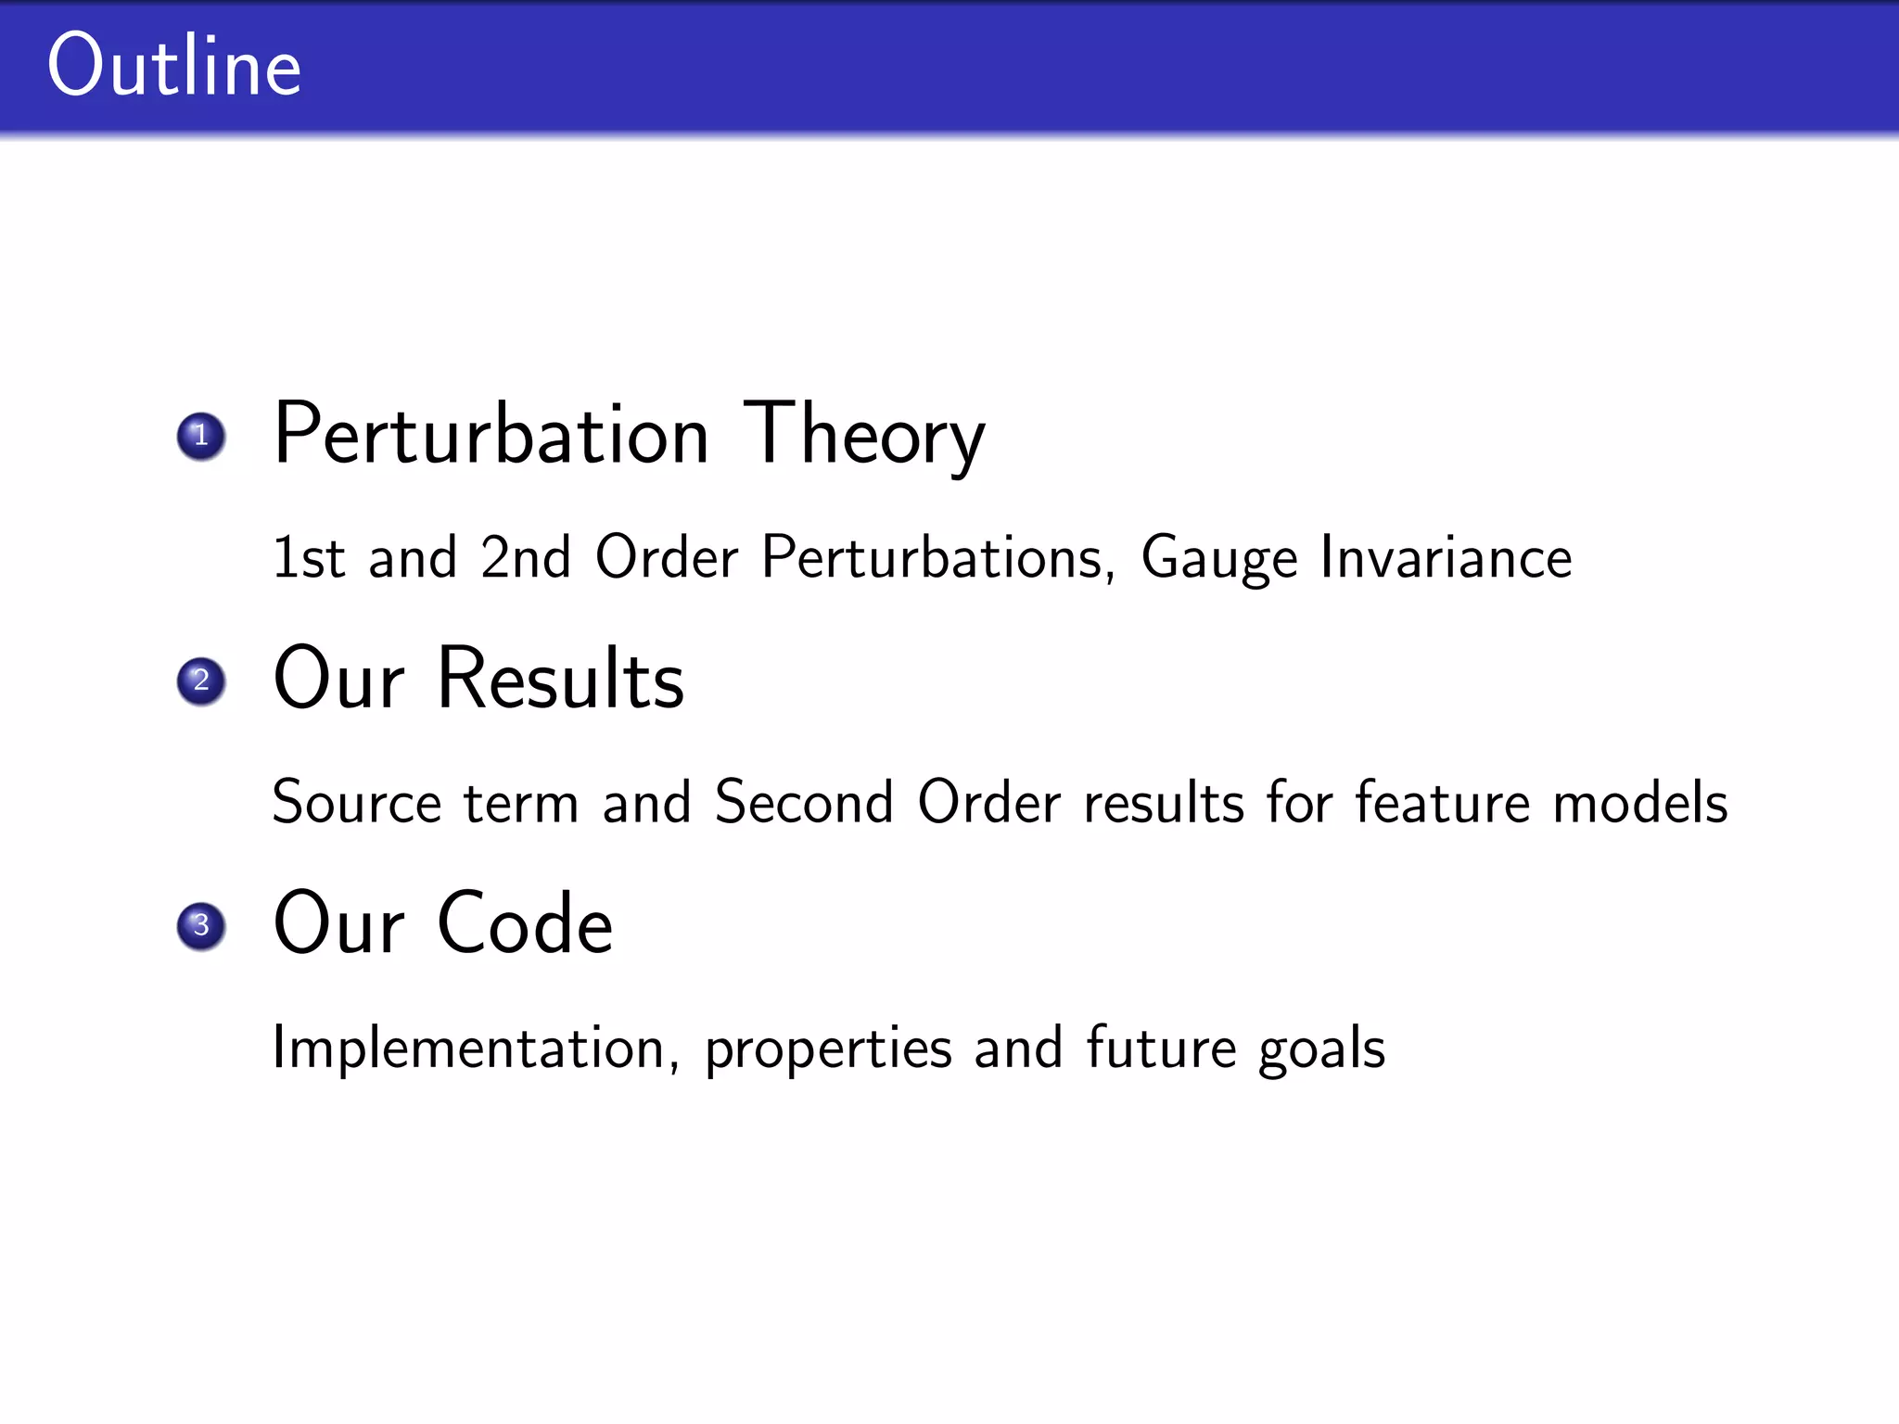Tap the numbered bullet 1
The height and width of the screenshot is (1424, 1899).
(x=201, y=436)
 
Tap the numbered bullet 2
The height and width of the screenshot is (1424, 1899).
(x=201, y=681)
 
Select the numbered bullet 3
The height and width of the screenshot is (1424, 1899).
(x=201, y=926)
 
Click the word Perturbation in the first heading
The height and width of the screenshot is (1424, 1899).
(x=491, y=436)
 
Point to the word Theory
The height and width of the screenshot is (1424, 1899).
(x=864, y=436)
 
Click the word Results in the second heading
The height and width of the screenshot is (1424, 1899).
(x=561, y=680)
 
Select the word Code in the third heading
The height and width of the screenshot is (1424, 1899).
(x=525, y=924)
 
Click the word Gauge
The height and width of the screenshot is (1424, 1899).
(x=1218, y=559)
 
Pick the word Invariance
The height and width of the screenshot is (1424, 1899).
(x=1446, y=557)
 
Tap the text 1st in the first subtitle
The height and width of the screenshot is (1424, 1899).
(x=308, y=557)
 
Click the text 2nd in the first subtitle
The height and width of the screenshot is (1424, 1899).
(x=525, y=557)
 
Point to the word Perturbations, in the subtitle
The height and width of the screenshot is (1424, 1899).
(x=938, y=559)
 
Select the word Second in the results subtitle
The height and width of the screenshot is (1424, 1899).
(x=804, y=802)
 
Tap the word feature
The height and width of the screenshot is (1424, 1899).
(x=1443, y=802)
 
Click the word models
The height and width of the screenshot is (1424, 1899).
(x=1640, y=802)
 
